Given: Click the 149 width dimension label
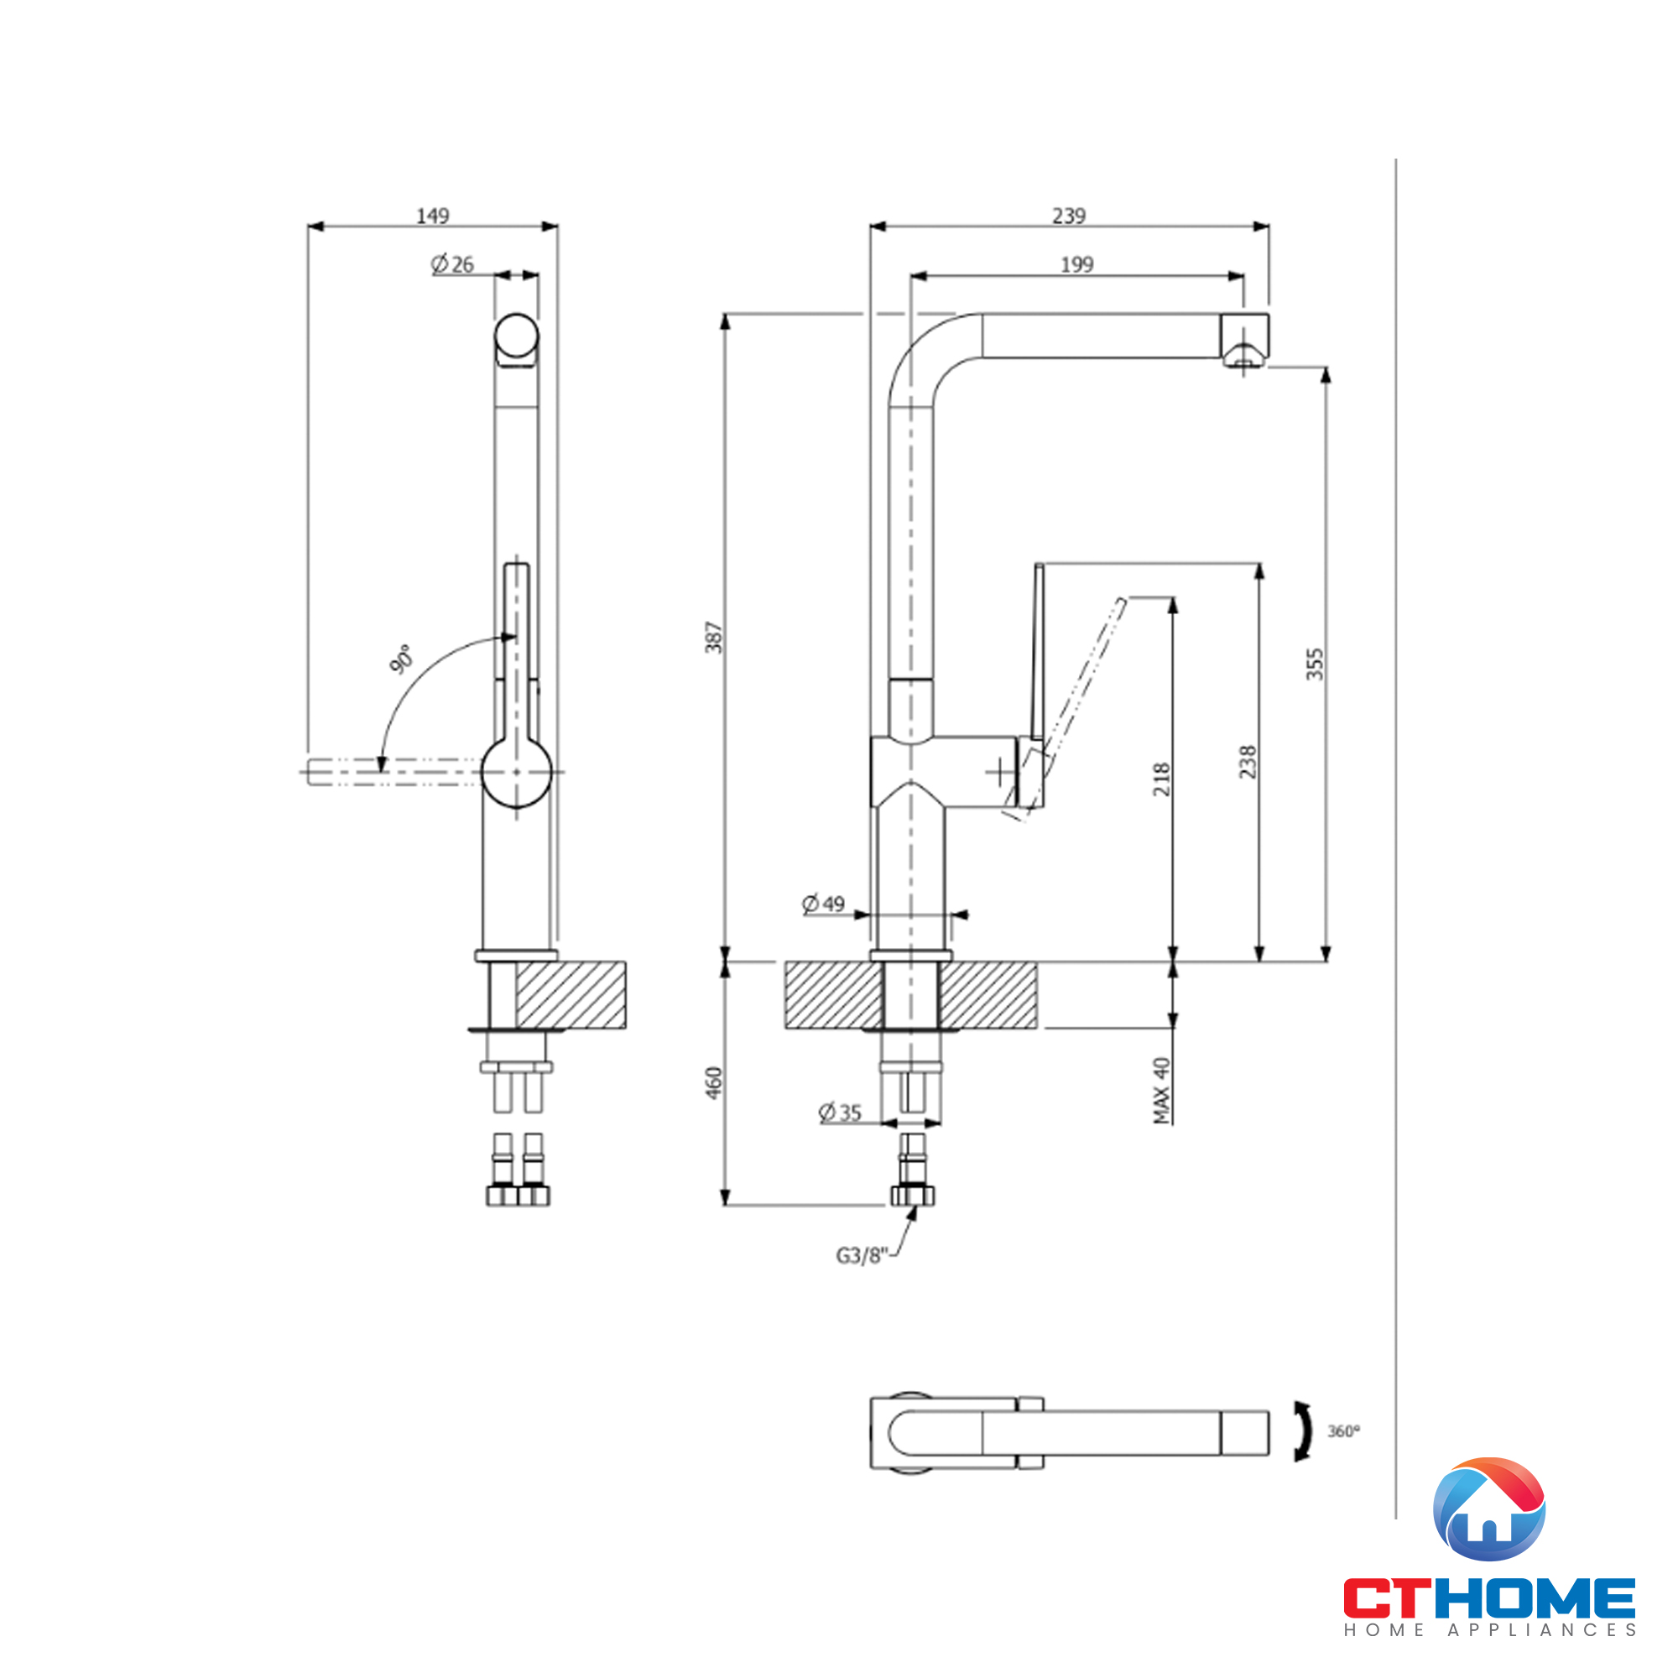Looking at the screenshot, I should pyautogui.click(x=433, y=216).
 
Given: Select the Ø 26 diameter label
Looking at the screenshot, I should pyautogui.click(x=452, y=264).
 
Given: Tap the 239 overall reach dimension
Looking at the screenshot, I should pyautogui.click(x=1068, y=216).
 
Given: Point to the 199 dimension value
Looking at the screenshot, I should pyautogui.click(x=1076, y=264).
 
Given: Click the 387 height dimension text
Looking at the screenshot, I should pyautogui.click(x=714, y=638).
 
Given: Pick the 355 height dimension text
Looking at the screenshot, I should pyautogui.click(x=1315, y=664).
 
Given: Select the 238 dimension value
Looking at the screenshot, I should pyautogui.click(x=1248, y=762).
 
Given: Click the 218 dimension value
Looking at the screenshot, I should pyautogui.click(x=1161, y=779).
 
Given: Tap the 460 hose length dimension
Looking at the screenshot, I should pyautogui.click(x=714, y=1083).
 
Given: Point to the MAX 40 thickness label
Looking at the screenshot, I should pyautogui.click(x=1161, y=1090).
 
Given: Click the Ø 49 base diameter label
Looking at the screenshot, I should pyautogui.click(x=822, y=904).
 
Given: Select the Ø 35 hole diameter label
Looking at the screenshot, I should pyautogui.click(x=840, y=1113).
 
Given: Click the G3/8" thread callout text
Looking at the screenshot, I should pyautogui.click(x=861, y=1256).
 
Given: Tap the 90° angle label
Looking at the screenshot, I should pyautogui.click(x=400, y=659).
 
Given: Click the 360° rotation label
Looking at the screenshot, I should pyautogui.click(x=1343, y=1430).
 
